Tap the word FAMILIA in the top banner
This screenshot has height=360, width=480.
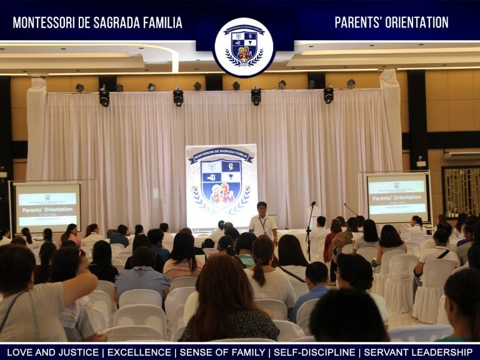[156, 23]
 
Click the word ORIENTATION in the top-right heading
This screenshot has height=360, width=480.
[412, 22]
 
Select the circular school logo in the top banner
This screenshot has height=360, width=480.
[244, 47]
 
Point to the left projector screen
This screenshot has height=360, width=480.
[47, 207]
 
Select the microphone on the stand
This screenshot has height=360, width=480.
[312, 204]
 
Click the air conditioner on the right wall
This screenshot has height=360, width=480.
[462, 154]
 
